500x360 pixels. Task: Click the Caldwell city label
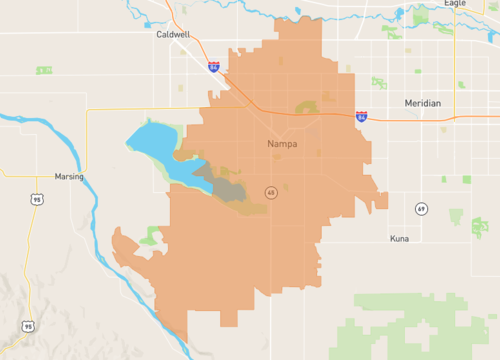click(174, 33)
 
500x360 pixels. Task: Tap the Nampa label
click(282, 144)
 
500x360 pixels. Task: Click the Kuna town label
click(400, 240)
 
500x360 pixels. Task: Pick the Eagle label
click(454, 4)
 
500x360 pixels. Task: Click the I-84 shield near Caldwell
click(214, 67)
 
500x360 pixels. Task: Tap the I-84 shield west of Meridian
click(361, 117)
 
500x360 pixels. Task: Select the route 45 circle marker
click(271, 191)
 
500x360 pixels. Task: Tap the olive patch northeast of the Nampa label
click(306, 106)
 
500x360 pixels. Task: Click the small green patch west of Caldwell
click(43, 70)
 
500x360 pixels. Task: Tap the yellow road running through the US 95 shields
click(33, 260)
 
